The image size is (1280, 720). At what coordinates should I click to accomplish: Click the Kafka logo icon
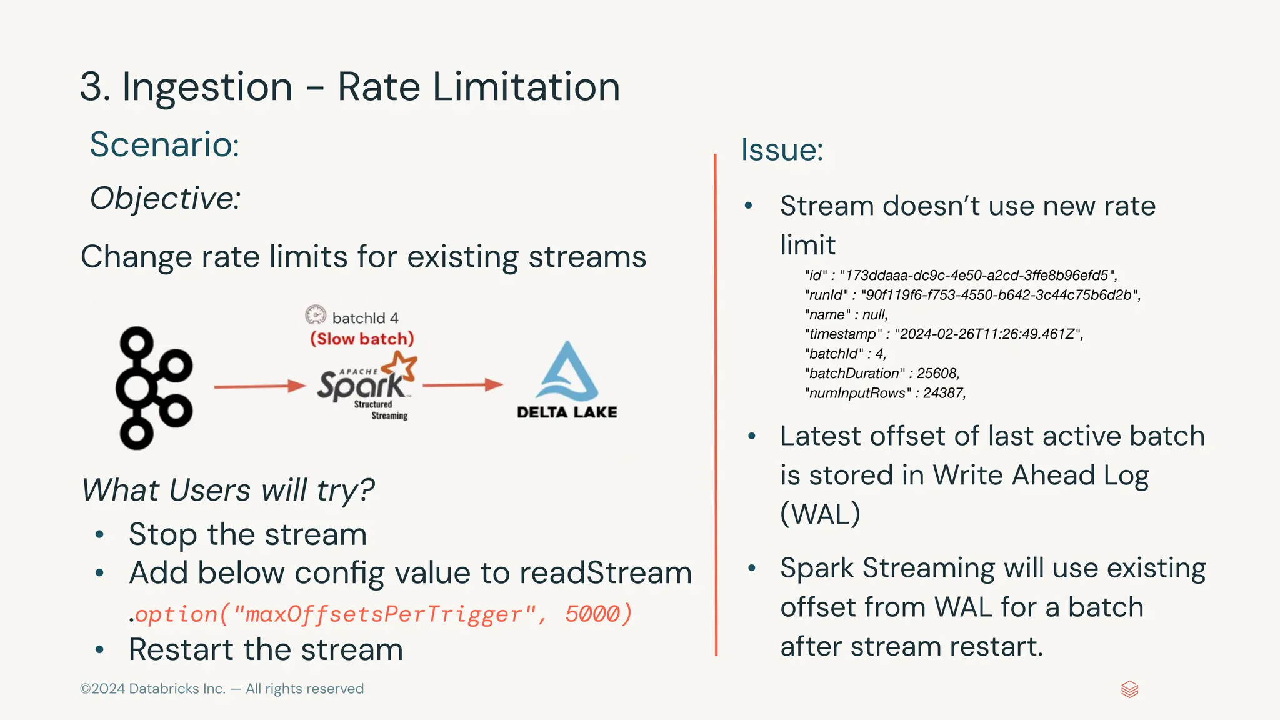[x=153, y=387]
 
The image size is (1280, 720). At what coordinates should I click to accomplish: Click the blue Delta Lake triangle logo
[x=567, y=372]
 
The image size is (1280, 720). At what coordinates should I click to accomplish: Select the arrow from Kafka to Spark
[x=259, y=386]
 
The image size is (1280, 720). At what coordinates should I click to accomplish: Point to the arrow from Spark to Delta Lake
[x=462, y=384]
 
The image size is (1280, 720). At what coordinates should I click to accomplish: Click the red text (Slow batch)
[x=362, y=339]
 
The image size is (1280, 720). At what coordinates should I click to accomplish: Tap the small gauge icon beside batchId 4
[x=316, y=314]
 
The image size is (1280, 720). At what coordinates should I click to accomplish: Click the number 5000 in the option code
[x=592, y=614]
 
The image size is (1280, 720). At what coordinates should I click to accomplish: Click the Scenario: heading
[x=164, y=144]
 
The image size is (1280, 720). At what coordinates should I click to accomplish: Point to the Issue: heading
[x=782, y=150]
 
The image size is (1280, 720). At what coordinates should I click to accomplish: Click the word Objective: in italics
[x=165, y=199]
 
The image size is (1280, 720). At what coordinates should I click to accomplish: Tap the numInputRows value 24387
[x=944, y=393]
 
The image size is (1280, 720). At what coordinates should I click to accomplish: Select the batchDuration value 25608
[x=937, y=374]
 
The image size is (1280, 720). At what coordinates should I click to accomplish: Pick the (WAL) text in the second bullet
[x=820, y=514]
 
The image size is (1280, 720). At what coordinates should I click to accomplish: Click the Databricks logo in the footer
[x=1129, y=689]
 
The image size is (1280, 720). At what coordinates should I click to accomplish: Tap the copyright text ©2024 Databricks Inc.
[x=152, y=689]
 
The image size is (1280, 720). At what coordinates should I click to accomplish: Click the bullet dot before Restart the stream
[x=99, y=650]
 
